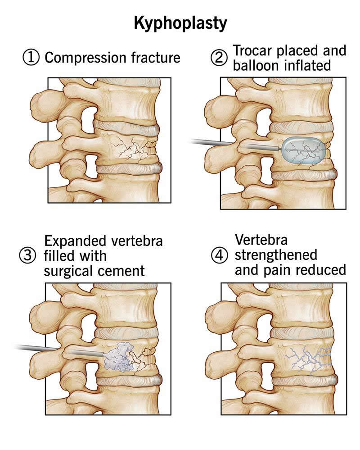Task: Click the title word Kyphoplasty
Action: [x=180, y=23]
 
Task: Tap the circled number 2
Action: [x=220, y=58]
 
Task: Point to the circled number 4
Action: [x=220, y=255]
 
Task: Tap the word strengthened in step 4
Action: [x=276, y=255]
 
